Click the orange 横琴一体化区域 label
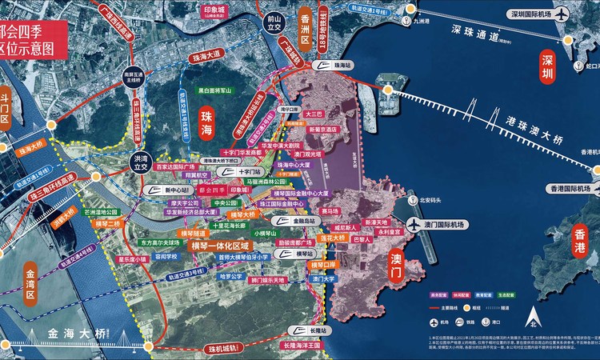point(221,246)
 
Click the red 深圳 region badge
point(546,69)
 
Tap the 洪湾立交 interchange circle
point(141,161)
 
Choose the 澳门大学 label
point(324,279)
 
